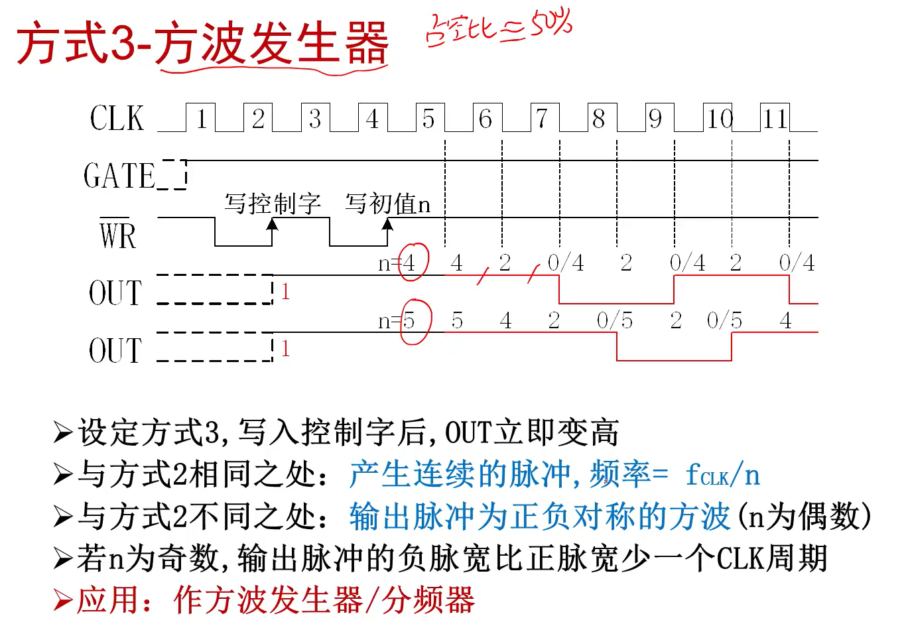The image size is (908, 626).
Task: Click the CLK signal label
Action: (117, 119)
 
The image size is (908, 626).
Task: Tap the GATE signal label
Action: (119, 176)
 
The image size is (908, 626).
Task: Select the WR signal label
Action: (117, 235)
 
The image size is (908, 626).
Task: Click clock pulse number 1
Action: (201, 119)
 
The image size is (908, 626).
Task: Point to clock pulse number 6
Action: (486, 119)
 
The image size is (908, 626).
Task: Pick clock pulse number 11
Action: (775, 119)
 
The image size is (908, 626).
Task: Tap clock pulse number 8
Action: (599, 119)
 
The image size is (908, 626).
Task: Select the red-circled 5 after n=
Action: (409, 322)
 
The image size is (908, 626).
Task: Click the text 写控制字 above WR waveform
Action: (273, 204)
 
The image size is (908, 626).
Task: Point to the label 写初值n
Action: (388, 204)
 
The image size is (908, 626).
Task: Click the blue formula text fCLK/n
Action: (722, 475)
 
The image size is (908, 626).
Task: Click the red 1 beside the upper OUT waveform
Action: (285, 292)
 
